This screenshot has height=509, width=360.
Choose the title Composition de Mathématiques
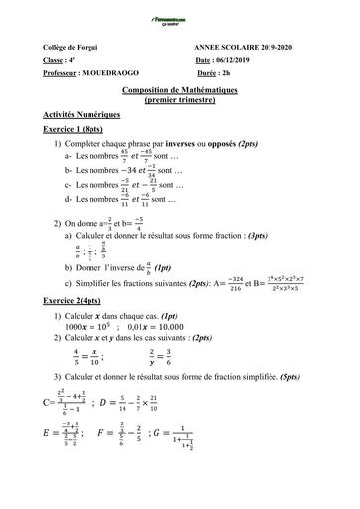tap(181, 90)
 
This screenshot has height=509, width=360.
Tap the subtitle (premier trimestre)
tap(181, 100)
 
